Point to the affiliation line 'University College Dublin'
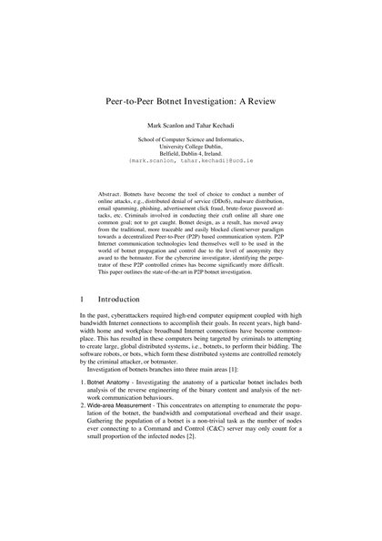point(190,144)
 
